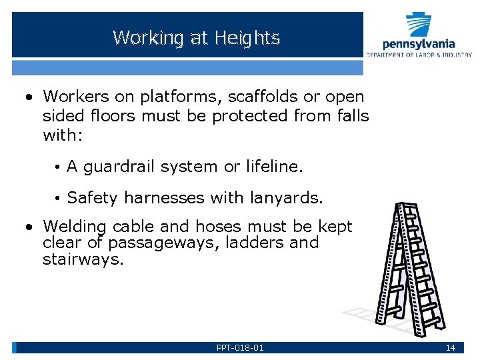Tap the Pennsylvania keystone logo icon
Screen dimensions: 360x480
click(419, 25)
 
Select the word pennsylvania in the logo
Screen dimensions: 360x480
click(419, 44)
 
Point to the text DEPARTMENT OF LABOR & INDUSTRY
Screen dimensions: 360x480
click(419, 54)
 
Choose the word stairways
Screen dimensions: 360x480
click(83, 259)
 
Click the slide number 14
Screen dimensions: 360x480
click(451, 348)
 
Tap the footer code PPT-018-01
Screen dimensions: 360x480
click(240, 348)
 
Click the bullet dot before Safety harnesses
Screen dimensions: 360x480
click(59, 199)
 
